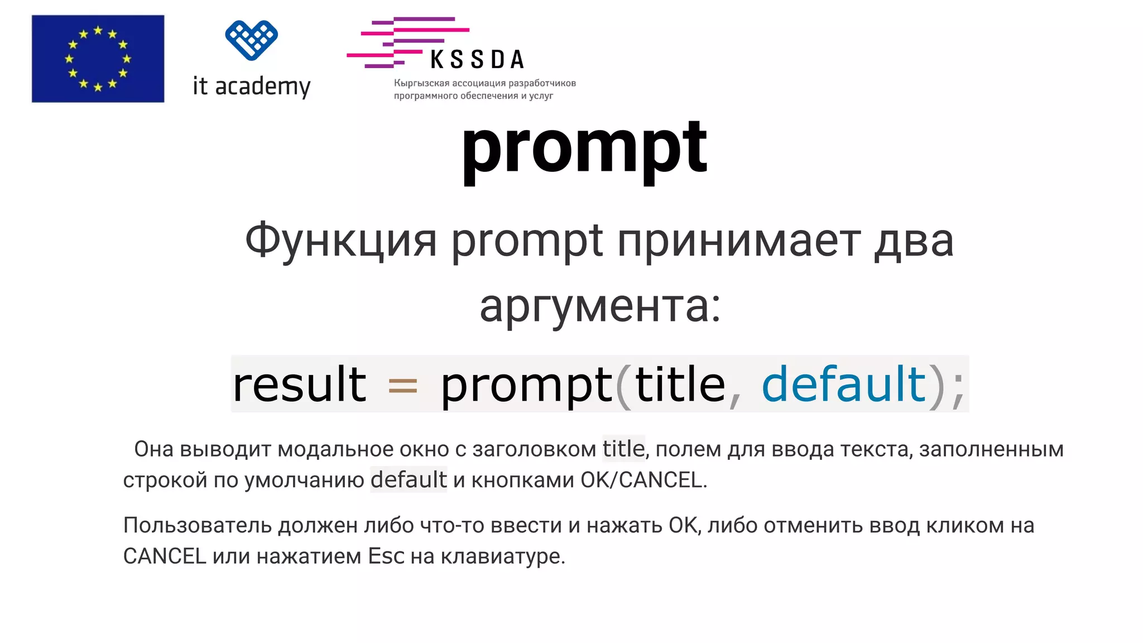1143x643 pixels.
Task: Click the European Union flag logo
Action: click(98, 59)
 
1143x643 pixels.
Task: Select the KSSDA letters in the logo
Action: click(477, 60)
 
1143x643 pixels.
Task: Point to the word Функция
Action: click(340, 241)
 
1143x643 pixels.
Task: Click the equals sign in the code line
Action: click(402, 385)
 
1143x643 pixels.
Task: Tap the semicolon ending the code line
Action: click(958, 388)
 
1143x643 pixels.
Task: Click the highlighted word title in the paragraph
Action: click(623, 449)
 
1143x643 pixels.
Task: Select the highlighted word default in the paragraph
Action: click(409, 479)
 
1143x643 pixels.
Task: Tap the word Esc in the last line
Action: click(386, 556)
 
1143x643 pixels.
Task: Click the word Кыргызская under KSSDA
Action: click(421, 83)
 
